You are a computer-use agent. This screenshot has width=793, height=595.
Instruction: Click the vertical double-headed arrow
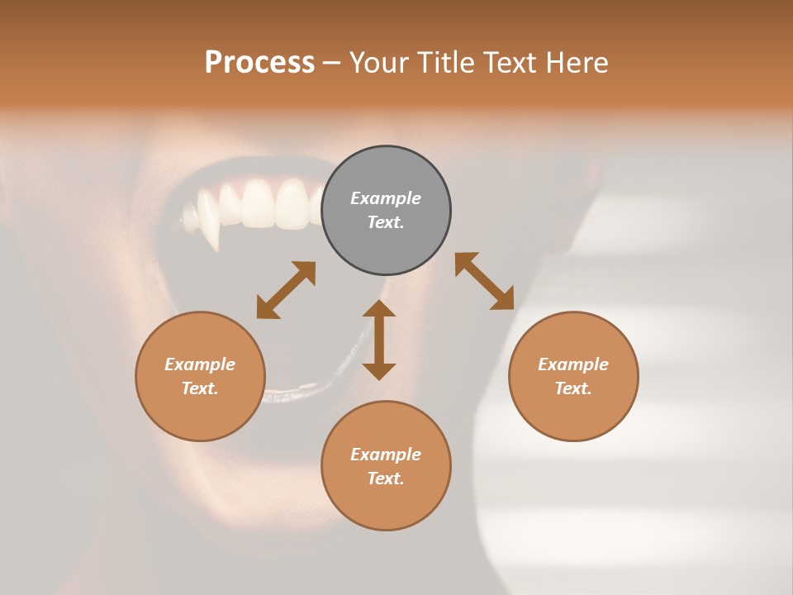tap(379, 340)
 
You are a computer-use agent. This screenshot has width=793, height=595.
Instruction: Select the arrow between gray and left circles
tap(286, 290)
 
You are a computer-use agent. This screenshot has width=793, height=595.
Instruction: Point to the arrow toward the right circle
tap(484, 281)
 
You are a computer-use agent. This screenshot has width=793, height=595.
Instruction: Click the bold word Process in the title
tap(259, 62)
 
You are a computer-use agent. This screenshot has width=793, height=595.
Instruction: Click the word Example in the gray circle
tap(386, 198)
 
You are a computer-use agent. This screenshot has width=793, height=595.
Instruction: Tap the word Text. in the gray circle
tap(386, 222)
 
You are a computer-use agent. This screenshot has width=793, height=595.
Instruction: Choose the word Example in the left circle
tap(200, 364)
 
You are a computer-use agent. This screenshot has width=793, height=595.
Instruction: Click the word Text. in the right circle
tap(573, 388)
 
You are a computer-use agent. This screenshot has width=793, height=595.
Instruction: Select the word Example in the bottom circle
tap(386, 455)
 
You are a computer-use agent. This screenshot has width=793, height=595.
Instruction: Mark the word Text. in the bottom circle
tap(386, 478)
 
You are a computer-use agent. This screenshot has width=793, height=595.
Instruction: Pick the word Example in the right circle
tap(573, 364)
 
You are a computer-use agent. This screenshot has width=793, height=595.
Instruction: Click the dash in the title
tap(331, 63)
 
